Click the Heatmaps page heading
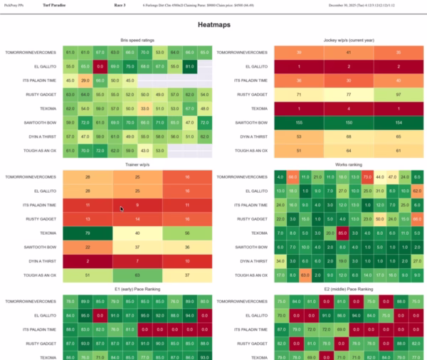pos(213,25)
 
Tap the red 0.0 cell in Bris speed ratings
pos(100,66)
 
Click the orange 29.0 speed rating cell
pos(85,80)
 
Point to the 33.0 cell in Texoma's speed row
pos(144,108)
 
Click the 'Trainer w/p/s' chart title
pos(137,164)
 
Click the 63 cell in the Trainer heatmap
pos(137,274)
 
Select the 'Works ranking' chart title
pos(349,164)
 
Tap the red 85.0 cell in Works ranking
pos(342,233)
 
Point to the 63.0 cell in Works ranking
pos(305,274)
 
